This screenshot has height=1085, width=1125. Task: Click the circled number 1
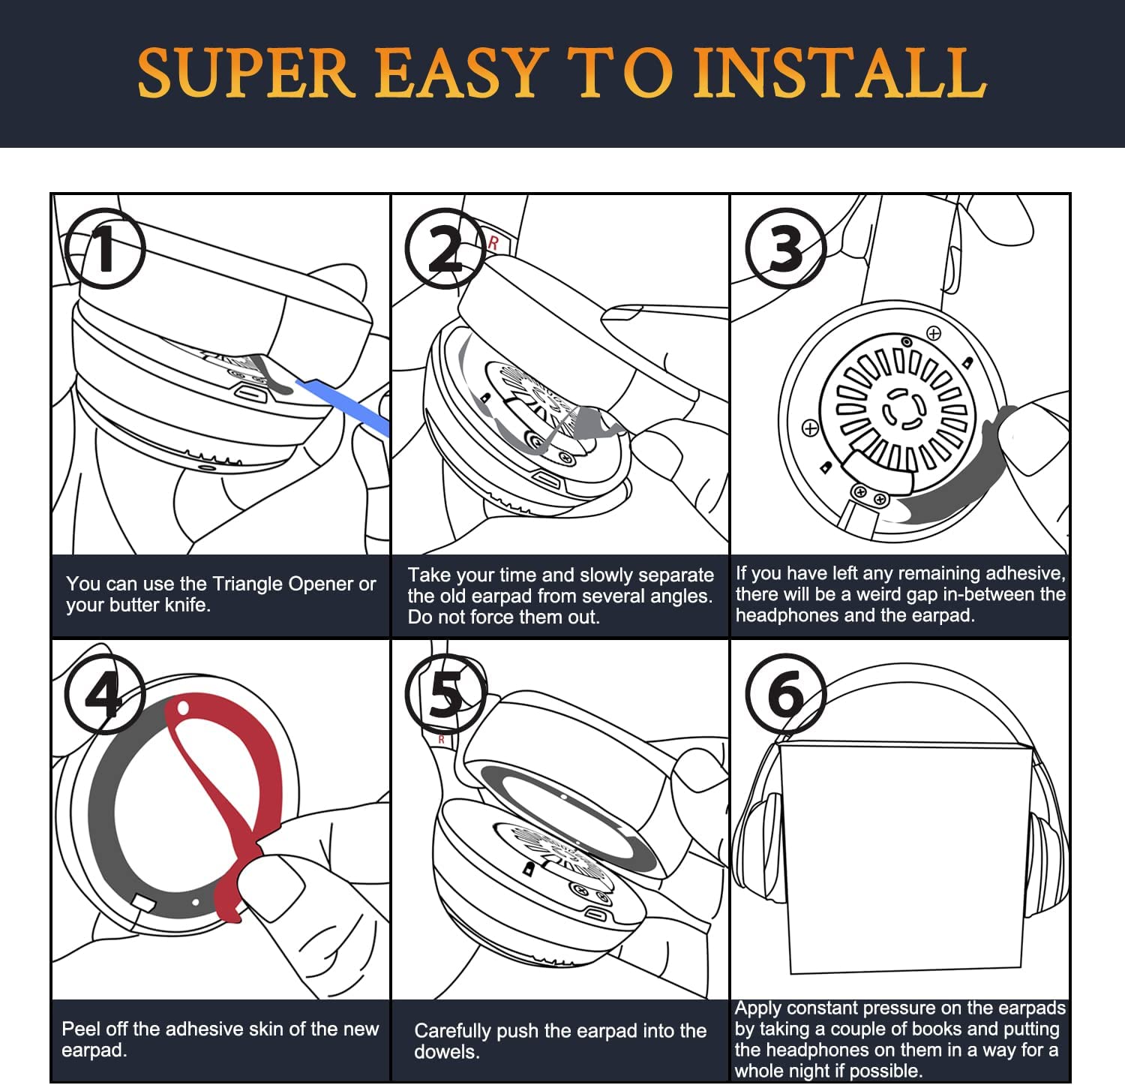point(104,249)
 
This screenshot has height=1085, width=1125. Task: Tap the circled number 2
point(445,249)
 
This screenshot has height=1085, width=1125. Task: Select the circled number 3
point(786,249)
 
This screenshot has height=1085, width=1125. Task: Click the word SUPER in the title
point(246,73)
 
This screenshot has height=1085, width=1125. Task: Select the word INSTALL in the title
point(840,73)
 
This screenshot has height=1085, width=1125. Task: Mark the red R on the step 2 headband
point(493,243)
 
